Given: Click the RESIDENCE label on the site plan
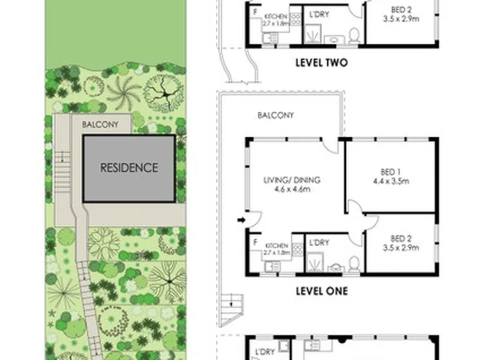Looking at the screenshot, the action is coord(129,168).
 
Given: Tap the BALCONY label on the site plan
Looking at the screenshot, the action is coord(100,125).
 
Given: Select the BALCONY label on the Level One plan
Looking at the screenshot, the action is coord(275,115).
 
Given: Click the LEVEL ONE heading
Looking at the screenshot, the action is coord(322,291).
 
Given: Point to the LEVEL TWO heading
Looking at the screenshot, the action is coord(322,63).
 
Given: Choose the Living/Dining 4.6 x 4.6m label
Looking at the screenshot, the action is coord(292,185).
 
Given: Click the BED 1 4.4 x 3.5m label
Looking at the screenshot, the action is coord(391,177).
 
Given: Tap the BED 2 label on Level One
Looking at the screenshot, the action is coord(401,243).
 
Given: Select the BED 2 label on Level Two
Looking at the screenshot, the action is coord(401,15).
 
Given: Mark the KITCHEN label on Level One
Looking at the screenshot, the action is coord(277,246).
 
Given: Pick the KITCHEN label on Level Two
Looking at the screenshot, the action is coord(276,17).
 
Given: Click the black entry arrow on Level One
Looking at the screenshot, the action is coord(241,220).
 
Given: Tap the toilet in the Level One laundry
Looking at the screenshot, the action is coord(354,264).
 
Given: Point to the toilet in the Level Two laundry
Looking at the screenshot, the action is coord(354,35).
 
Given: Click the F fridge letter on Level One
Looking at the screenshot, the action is coord(255,243).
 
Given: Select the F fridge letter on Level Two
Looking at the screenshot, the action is coord(255,12).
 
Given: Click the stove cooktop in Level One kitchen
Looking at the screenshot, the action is coord(297,249).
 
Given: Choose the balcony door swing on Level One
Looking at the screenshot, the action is coord(331,146).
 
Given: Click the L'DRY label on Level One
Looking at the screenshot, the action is coord(319,243).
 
